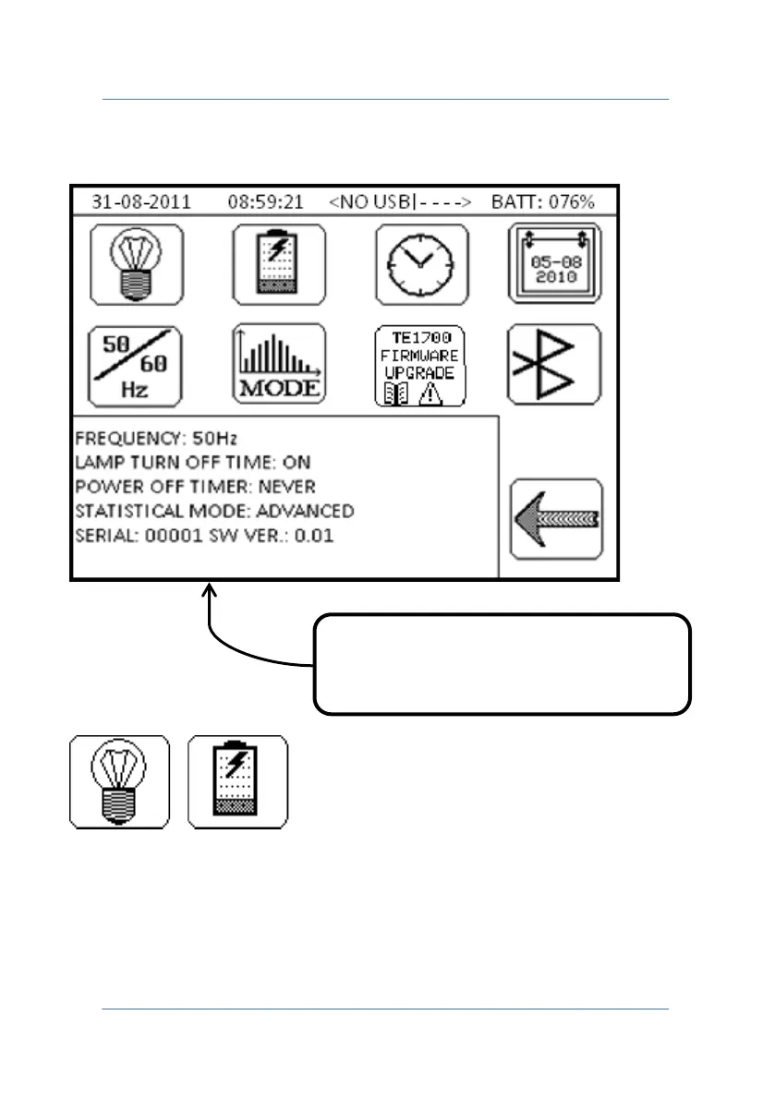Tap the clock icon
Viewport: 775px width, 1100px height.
(x=422, y=264)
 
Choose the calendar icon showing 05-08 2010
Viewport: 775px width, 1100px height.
(x=555, y=264)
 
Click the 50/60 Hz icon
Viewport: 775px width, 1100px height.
(x=136, y=366)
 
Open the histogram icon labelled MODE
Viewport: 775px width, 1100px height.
(x=279, y=366)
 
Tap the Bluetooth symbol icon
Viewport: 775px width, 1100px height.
(x=555, y=366)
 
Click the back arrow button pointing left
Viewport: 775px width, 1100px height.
(x=556, y=518)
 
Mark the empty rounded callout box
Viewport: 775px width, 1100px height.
(x=503, y=663)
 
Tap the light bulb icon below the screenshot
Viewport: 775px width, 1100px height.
(x=120, y=781)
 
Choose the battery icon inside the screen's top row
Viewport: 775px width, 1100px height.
(x=279, y=264)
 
